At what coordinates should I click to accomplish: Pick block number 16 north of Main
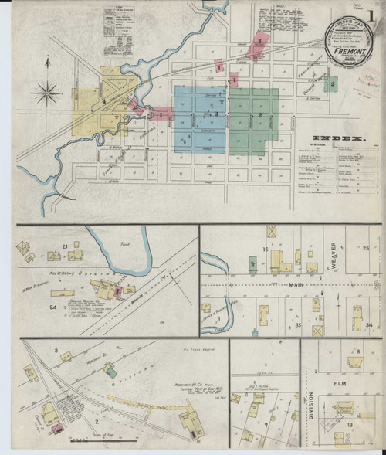point(264,250)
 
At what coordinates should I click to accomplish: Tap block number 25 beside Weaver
point(365,247)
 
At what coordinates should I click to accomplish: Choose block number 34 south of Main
point(369,325)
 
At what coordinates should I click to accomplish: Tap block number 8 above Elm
point(360,352)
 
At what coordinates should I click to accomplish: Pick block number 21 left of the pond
point(66,246)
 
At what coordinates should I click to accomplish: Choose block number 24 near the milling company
point(53,307)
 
